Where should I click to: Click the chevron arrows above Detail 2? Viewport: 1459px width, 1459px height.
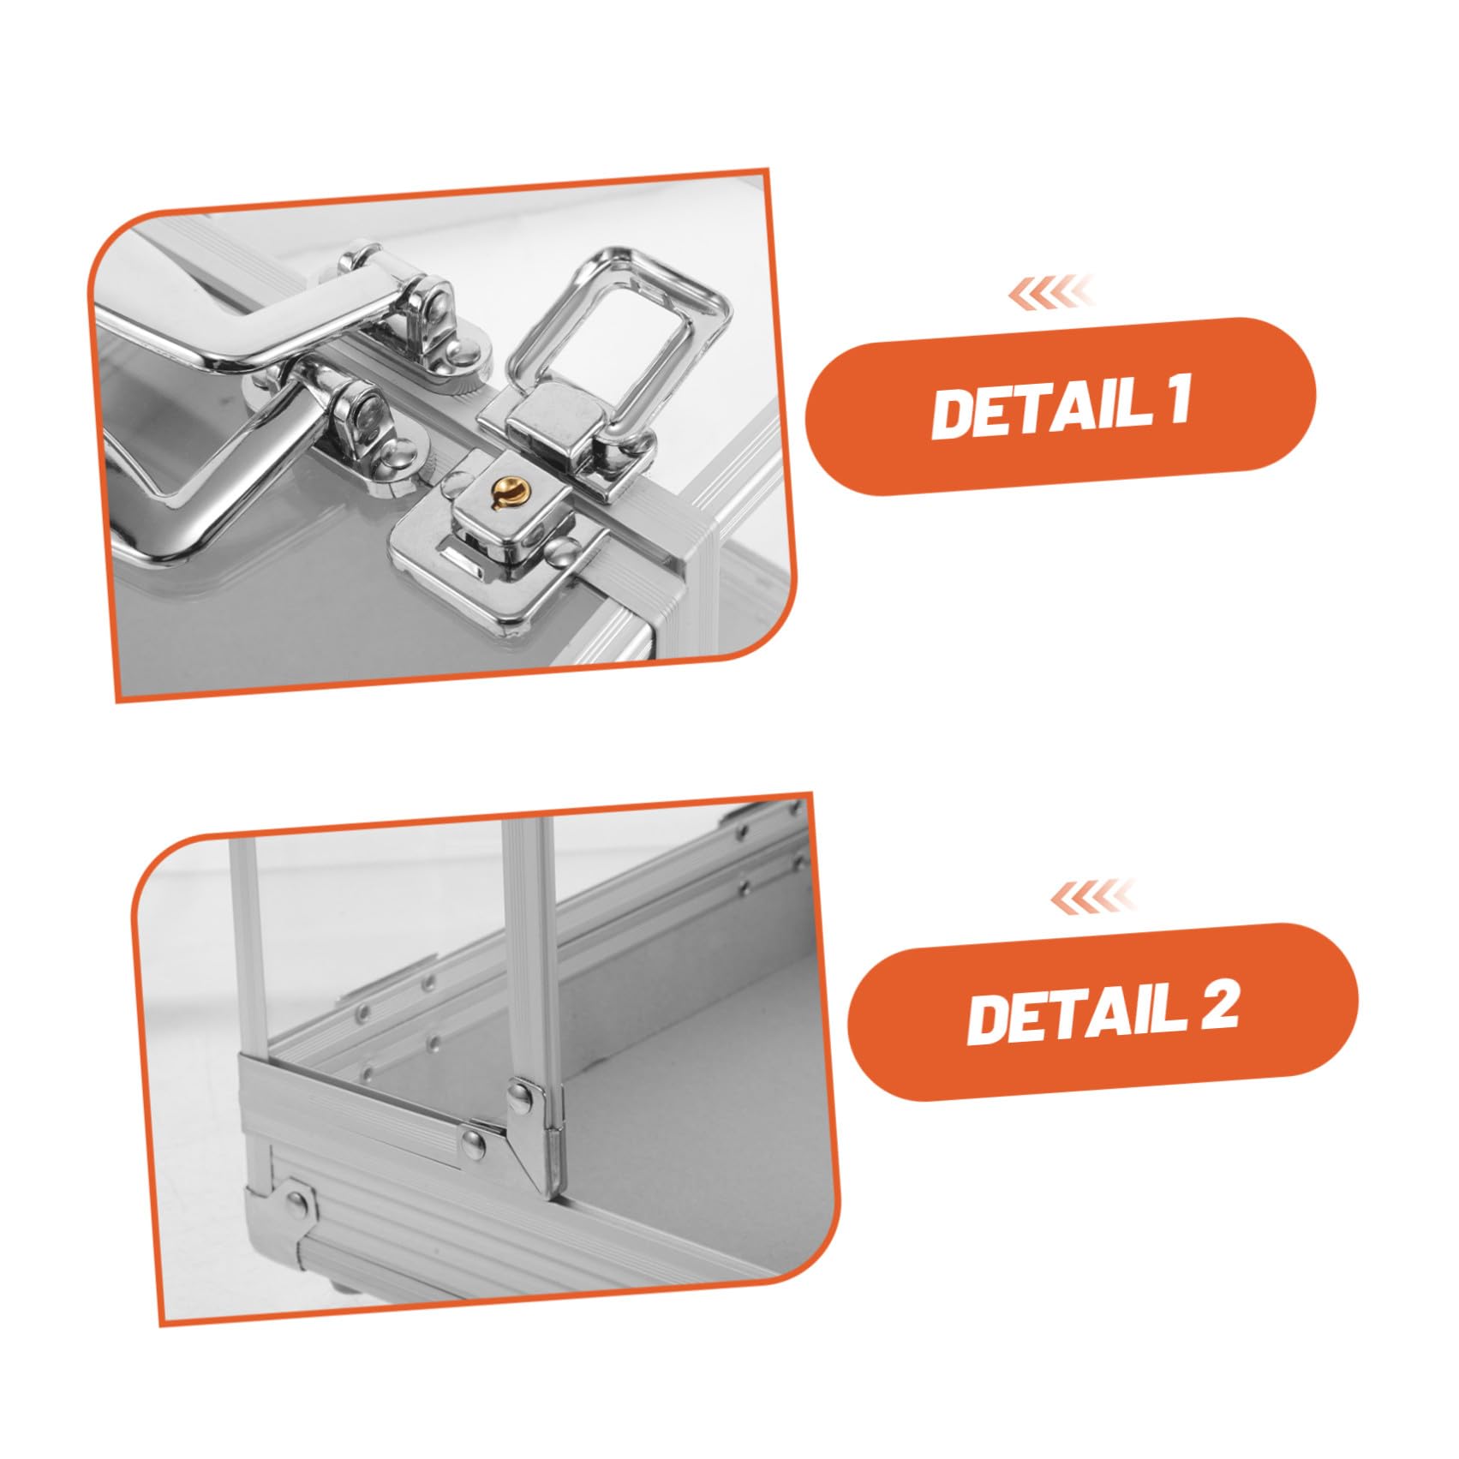click(x=1091, y=896)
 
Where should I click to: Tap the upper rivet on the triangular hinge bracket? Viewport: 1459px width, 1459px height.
click(x=520, y=1091)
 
